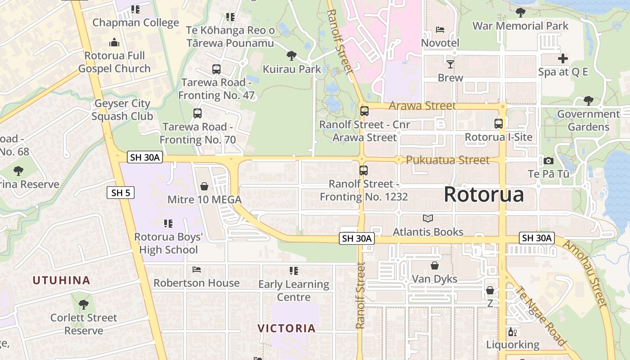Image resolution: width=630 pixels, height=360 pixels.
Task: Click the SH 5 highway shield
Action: [x=121, y=193]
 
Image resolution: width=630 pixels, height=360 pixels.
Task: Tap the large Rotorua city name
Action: [x=484, y=194]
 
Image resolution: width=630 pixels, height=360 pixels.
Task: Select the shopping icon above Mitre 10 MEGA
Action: [x=204, y=186]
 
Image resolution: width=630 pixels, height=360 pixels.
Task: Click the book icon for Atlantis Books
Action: [x=427, y=219]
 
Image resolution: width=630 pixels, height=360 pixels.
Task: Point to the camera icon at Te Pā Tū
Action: [x=548, y=161]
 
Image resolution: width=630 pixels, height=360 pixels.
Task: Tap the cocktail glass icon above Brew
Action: [x=450, y=64]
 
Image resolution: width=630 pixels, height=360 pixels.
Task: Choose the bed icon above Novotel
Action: [x=440, y=30]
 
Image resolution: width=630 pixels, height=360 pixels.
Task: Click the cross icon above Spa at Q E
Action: [x=562, y=58]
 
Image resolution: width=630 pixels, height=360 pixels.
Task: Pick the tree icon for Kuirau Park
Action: [x=292, y=56]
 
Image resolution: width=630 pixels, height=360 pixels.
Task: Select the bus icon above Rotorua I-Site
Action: [x=498, y=124]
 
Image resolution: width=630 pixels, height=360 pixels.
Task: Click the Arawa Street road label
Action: [x=422, y=106]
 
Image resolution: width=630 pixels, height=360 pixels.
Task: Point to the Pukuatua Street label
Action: [x=447, y=160]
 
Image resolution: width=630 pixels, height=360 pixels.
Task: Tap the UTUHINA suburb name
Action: [x=61, y=280]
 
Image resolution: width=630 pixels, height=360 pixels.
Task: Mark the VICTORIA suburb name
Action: [x=287, y=328]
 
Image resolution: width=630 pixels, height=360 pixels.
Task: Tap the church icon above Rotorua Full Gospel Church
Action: [x=114, y=43]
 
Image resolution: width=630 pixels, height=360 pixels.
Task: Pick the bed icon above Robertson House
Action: [x=197, y=270]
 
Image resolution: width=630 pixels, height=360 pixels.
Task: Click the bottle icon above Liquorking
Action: [x=512, y=332]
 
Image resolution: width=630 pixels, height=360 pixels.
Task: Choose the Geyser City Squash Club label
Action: [x=122, y=110]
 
